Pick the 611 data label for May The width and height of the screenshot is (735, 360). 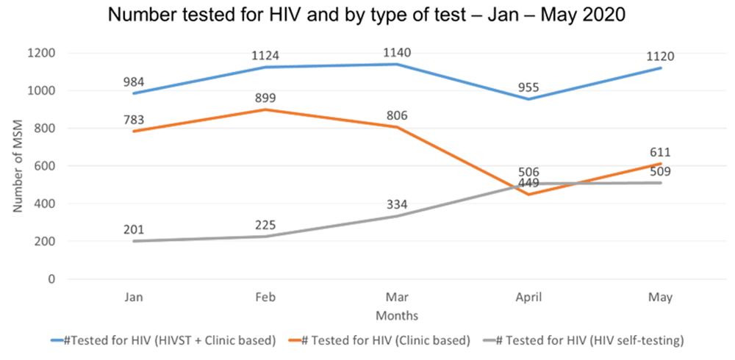tap(661, 152)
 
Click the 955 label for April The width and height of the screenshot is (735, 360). tap(528, 87)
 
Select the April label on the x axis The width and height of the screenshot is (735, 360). tap(528, 297)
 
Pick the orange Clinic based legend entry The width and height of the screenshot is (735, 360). tap(379, 339)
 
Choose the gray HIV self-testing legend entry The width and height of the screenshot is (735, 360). tap(585, 339)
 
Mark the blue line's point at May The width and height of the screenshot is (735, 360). tap(661, 68)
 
